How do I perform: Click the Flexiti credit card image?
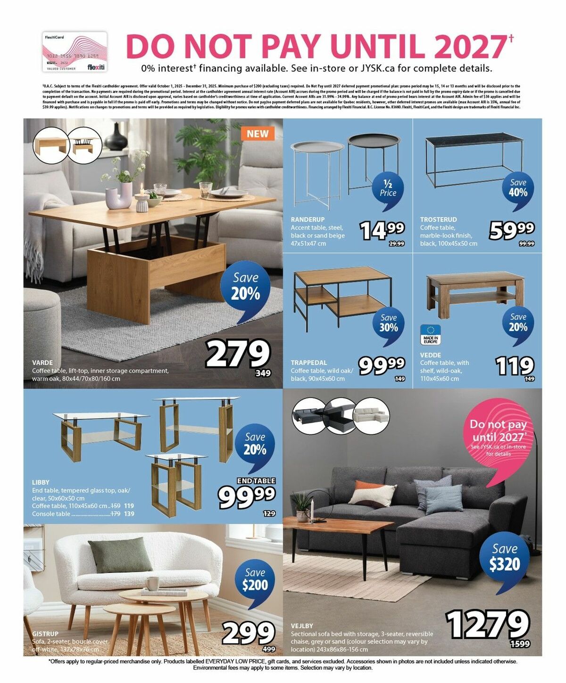pos(75,52)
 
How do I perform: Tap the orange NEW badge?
pos(258,134)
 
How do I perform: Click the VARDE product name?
pos(42,363)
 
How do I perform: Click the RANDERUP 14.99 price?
pos(382,230)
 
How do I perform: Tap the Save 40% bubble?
pos(518,188)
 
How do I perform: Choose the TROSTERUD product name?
pos(438,220)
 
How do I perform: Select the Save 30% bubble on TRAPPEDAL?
pos(388,323)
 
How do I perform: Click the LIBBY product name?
pos(41,482)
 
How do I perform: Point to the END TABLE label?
pos(256,480)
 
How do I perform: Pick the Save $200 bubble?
pos(255,580)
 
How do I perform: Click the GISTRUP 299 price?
pos(248,633)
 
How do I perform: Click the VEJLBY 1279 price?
pos(488,624)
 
